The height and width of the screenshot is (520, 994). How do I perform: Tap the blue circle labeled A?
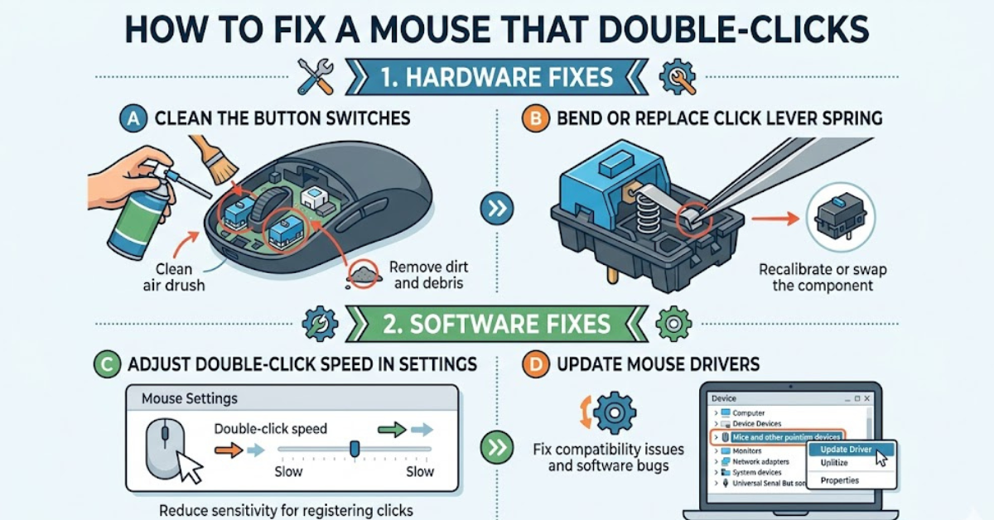[130, 118]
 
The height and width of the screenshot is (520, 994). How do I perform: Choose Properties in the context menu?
[839, 480]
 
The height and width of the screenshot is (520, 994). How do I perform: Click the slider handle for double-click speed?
[355, 448]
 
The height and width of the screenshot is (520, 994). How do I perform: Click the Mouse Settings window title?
[190, 398]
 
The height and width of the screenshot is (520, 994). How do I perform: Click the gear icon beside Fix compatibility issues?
[612, 413]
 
